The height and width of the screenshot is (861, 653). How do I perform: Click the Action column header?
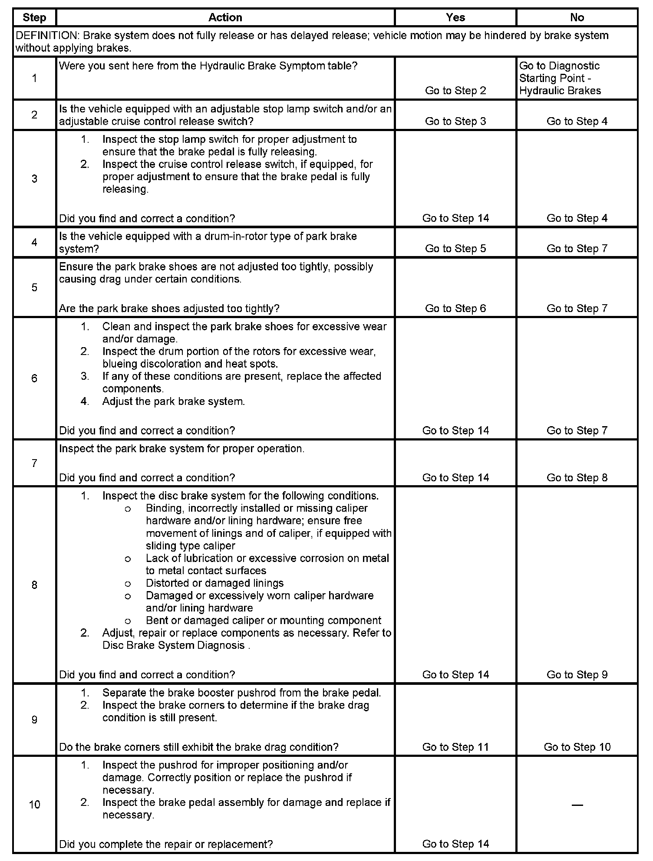(225, 17)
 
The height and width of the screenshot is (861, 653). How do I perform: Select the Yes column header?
(455, 17)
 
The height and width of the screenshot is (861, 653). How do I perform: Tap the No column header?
(577, 17)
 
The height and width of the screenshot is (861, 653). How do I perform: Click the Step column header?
(34, 17)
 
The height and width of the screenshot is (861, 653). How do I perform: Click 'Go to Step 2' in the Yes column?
(455, 91)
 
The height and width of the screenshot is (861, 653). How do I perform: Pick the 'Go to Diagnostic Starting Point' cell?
(560, 78)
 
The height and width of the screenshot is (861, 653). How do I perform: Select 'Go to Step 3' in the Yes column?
(455, 122)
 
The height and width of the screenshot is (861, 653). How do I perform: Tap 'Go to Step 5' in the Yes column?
(455, 249)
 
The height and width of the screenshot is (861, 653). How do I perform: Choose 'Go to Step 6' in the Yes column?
(455, 309)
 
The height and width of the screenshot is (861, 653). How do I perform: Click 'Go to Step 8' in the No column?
(577, 478)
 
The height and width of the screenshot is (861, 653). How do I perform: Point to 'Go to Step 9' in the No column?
(577, 675)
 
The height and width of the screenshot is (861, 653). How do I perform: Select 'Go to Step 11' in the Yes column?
(455, 747)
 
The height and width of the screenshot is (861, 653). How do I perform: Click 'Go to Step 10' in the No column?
(577, 747)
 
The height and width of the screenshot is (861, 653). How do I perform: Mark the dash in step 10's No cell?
(577, 805)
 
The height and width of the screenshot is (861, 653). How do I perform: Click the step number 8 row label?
(34, 585)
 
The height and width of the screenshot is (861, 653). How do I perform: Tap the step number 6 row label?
(34, 378)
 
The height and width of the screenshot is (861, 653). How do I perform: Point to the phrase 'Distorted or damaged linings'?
(214, 583)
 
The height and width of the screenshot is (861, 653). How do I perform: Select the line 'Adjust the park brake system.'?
(173, 401)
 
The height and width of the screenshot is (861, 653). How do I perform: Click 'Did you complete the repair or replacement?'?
(166, 844)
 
